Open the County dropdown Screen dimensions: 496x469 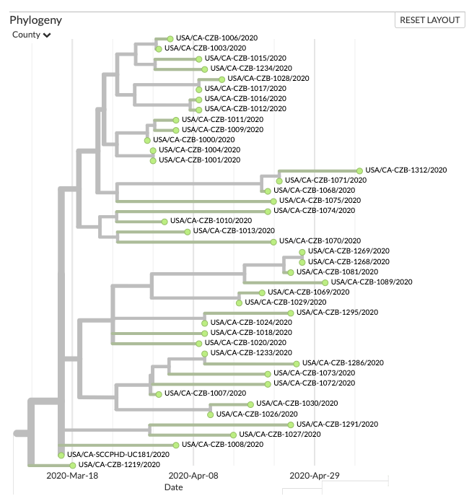32,35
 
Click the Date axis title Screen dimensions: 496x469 173,487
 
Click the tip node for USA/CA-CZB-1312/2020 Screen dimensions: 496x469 360,170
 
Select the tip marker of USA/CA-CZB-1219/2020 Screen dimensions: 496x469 73,466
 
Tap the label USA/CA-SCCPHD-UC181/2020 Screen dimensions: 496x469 118,455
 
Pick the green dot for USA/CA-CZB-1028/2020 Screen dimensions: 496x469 222,79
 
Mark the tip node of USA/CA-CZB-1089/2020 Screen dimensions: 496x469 325,282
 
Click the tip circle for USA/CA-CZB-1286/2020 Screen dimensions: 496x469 297,364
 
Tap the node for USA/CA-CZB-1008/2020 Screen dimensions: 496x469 176,445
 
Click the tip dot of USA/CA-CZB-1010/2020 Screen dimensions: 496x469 165,221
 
